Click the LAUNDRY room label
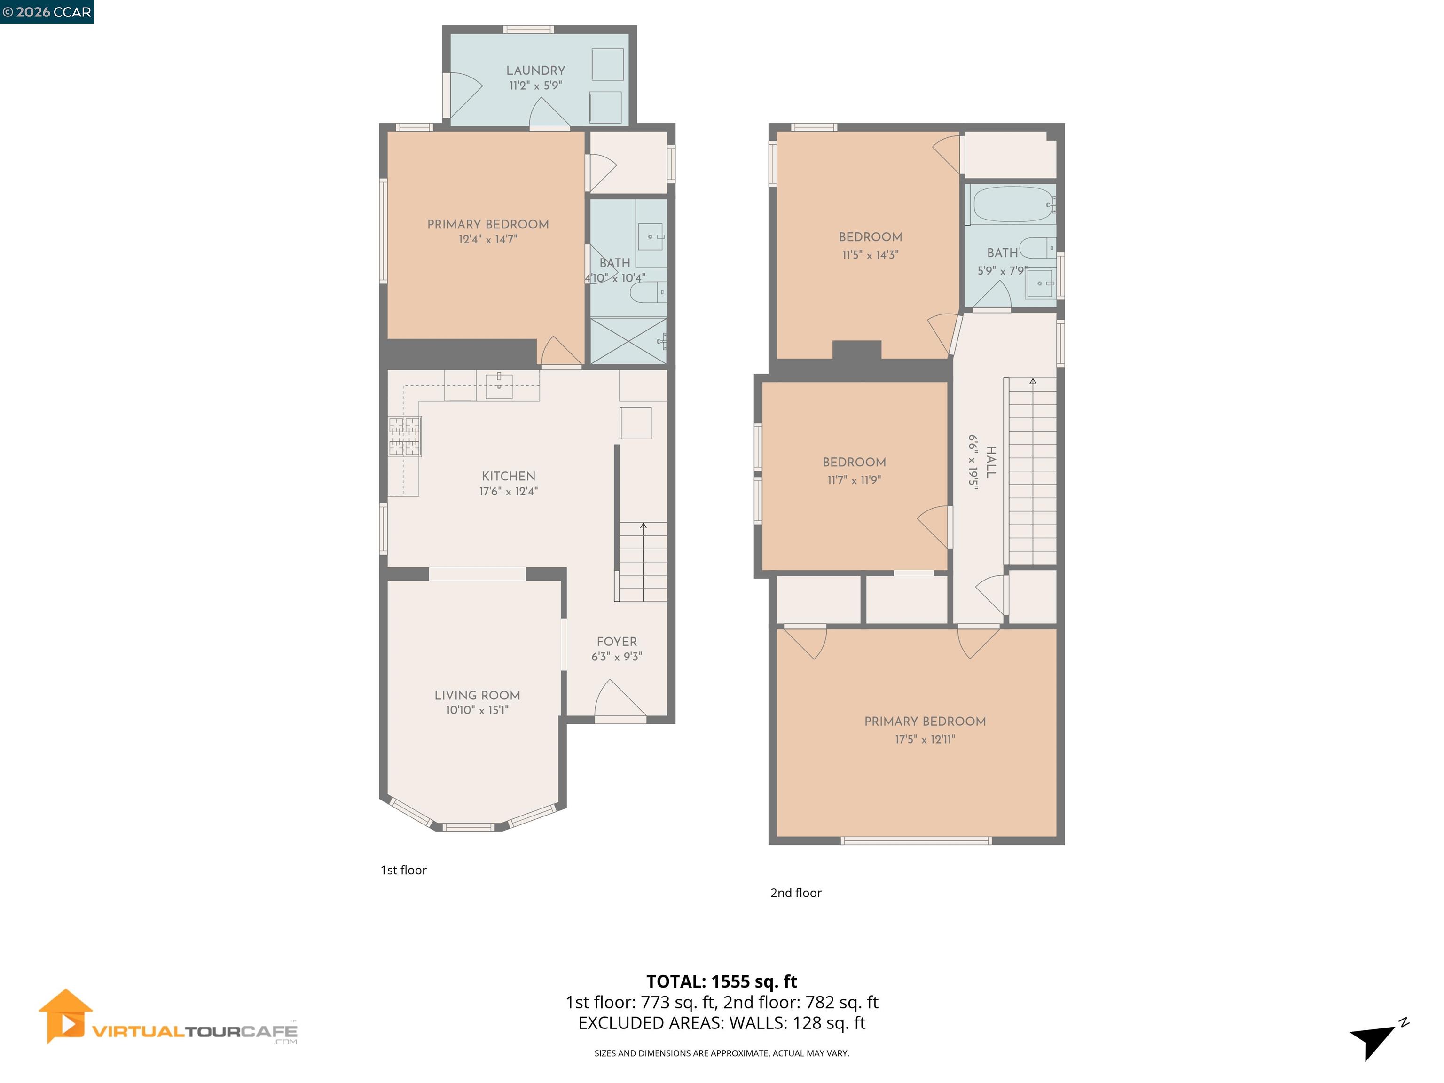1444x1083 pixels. pos(535,71)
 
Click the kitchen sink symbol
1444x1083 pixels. pos(499,386)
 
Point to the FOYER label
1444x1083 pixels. pos(616,642)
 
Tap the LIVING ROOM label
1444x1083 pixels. pos(477,695)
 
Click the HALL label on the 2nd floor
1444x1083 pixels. pos(991,462)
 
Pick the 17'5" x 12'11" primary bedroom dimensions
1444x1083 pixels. pos(925,739)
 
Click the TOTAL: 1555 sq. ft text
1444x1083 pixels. pos(722,981)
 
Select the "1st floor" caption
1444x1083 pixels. pos(403,870)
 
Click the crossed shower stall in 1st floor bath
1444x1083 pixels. pos(628,341)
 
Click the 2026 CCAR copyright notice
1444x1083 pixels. pos(47,12)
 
